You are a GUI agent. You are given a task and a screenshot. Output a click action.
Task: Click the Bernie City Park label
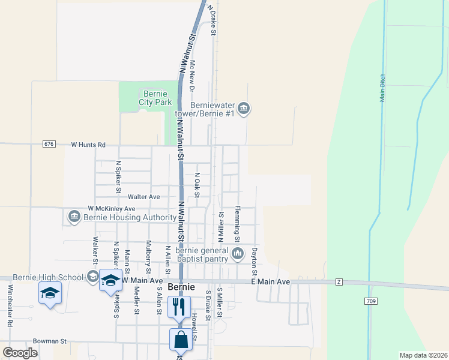click(155, 98)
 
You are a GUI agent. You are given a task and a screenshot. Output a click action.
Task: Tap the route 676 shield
click(49, 145)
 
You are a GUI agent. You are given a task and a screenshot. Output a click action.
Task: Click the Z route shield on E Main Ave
click(339, 281)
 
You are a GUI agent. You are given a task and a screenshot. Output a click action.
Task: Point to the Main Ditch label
click(382, 88)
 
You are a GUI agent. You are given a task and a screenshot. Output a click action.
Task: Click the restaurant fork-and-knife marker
click(179, 307)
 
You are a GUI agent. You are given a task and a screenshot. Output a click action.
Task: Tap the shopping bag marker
click(181, 340)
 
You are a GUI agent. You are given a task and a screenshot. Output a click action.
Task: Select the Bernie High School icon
click(93, 277)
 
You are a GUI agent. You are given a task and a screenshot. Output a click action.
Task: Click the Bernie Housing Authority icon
click(74, 215)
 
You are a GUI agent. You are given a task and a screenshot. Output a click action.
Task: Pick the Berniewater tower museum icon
click(244, 109)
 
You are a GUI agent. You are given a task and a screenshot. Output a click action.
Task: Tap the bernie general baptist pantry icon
click(238, 254)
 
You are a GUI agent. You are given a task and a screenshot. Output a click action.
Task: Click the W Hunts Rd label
click(88, 145)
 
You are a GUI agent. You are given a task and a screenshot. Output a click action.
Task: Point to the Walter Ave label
click(148, 196)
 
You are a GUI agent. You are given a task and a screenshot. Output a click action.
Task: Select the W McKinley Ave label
click(111, 208)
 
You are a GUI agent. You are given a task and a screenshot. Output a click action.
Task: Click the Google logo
click(20, 353)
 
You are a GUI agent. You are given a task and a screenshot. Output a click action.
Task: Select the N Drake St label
click(211, 20)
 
